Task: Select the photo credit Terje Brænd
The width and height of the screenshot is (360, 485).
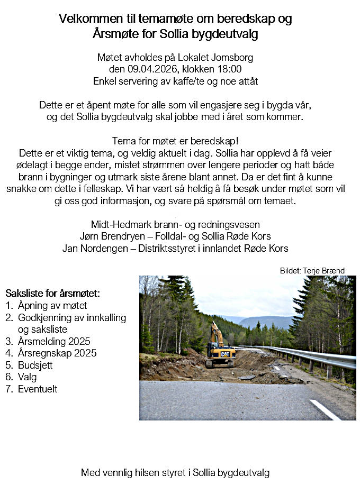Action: (324, 271)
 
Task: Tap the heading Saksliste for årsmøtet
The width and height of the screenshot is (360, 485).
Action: (52, 293)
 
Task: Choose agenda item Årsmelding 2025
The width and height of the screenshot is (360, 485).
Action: (54, 341)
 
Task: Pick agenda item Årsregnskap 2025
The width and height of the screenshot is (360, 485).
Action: (57, 353)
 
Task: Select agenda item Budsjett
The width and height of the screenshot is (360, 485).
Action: (35, 365)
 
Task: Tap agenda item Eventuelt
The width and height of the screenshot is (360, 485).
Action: (38, 389)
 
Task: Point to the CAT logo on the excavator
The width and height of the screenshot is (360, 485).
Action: (225, 354)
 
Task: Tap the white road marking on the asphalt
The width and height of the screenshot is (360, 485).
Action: (325, 410)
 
